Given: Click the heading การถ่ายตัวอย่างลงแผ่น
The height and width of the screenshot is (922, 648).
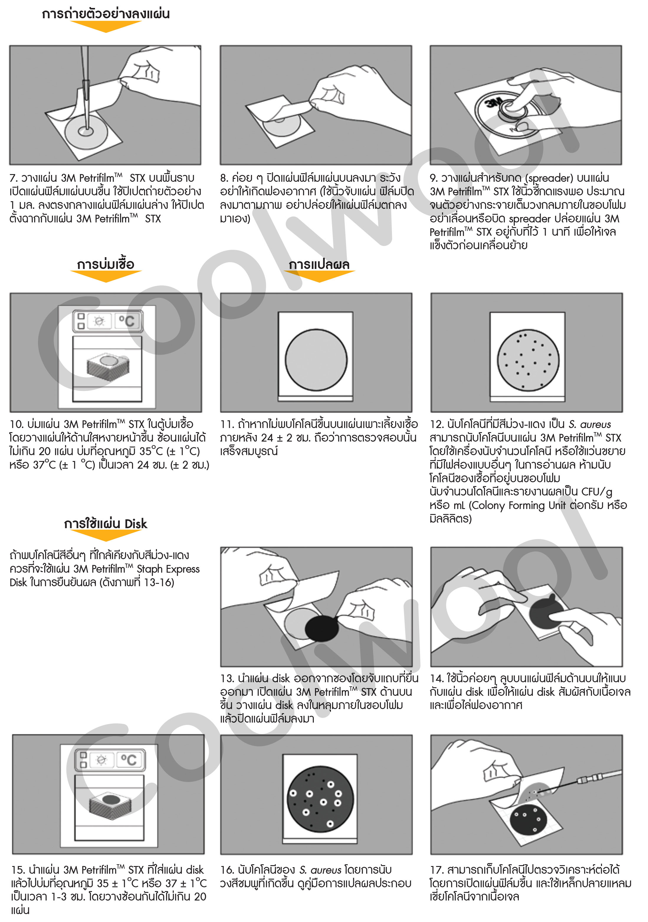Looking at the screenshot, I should [x=106, y=14].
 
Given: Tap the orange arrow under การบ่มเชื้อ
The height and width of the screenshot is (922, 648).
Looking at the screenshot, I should [x=106, y=276].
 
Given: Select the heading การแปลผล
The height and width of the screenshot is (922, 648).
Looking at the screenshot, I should [x=319, y=265].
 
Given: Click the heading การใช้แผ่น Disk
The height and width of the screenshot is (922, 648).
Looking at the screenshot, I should [x=106, y=524].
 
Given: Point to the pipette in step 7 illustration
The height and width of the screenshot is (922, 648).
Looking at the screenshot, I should [x=85, y=92].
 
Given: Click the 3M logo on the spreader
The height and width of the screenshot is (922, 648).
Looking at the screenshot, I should [x=493, y=103].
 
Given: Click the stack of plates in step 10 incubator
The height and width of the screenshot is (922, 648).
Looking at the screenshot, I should [x=108, y=366].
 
